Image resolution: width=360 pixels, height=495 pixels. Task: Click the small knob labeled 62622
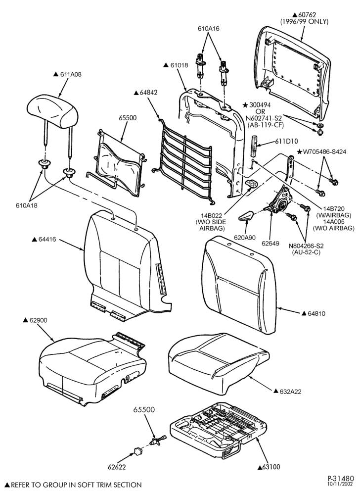pos(137,452)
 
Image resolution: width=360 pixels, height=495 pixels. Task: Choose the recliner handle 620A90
pos(247,216)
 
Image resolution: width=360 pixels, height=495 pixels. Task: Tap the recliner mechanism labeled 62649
pos(279,201)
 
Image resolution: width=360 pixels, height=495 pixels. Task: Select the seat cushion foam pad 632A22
pos(219,354)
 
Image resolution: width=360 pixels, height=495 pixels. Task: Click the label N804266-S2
pos(306,246)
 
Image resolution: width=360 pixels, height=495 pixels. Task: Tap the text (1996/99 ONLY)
pos(304,21)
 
